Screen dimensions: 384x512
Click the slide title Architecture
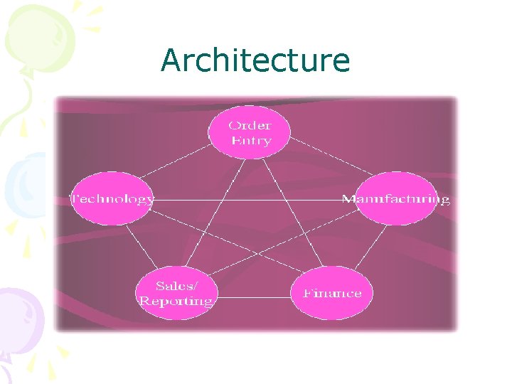tap(255, 60)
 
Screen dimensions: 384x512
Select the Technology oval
tap(111, 199)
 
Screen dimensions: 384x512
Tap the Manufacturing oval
tap(395, 199)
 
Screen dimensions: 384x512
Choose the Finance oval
tap(332, 293)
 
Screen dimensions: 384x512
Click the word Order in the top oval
tap(249, 125)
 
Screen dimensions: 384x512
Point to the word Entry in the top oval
tap(250, 141)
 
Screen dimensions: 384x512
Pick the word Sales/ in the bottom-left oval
tap(176, 286)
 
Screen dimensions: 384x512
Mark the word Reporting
tap(176, 302)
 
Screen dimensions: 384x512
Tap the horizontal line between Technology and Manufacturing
tap(248, 200)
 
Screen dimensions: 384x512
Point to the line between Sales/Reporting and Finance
tap(253, 297)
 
